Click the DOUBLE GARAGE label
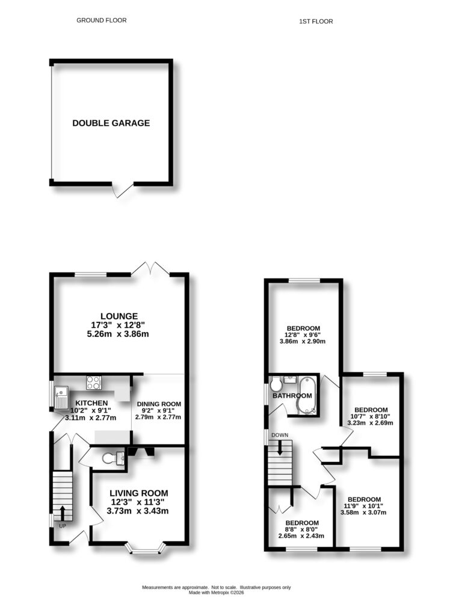click(111, 123)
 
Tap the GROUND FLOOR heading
click(102, 20)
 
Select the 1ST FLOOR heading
click(316, 22)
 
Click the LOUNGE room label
click(119, 316)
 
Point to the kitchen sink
click(61, 398)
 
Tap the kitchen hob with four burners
click(94, 382)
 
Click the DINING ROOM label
click(159, 404)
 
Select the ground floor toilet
click(110, 458)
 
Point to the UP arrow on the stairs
click(63, 513)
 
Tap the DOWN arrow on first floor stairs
click(280, 448)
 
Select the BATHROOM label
click(292, 396)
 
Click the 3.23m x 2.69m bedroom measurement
click(371, 423)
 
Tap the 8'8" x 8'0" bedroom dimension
click(301, 529)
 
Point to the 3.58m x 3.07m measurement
click(365, 513)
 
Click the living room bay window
click(145, 548)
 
